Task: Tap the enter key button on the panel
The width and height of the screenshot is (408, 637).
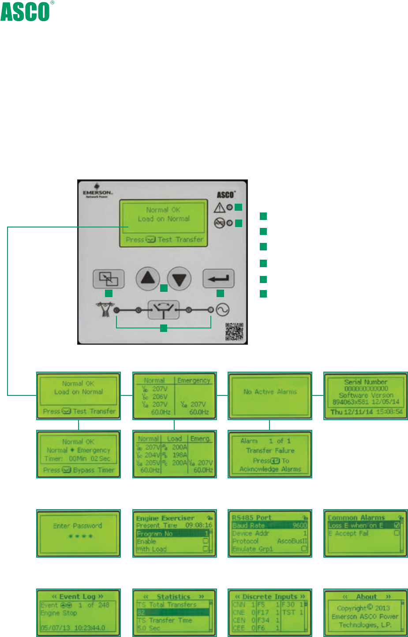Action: (x=218, y=279)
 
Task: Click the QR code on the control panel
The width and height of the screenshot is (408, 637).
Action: (x=234, y=332)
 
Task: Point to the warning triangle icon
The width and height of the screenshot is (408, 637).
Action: (x=219, y=208)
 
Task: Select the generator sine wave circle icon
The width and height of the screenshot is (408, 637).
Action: (x=222, y=310)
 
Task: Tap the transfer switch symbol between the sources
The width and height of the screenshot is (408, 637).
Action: (x=163, y=310)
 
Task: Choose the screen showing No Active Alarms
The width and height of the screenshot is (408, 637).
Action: (x=270, y=395)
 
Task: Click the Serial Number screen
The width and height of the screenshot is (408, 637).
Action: (x=366, y=395)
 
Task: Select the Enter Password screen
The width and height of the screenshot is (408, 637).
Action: (x=78, y=533)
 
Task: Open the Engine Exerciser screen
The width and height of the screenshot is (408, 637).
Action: (x=175, y=533)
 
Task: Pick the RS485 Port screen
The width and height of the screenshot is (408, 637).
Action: (x=270, y=533)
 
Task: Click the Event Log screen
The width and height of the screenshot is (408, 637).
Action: (x=78, y=612)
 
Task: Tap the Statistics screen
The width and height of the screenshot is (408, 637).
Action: (x=175, y=612)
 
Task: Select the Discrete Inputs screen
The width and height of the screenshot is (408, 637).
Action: (x=270, y=612)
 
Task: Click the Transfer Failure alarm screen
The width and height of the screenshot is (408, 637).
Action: (x=270, y=454)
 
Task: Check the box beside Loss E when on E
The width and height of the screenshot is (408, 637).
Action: (x=397, y=525)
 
